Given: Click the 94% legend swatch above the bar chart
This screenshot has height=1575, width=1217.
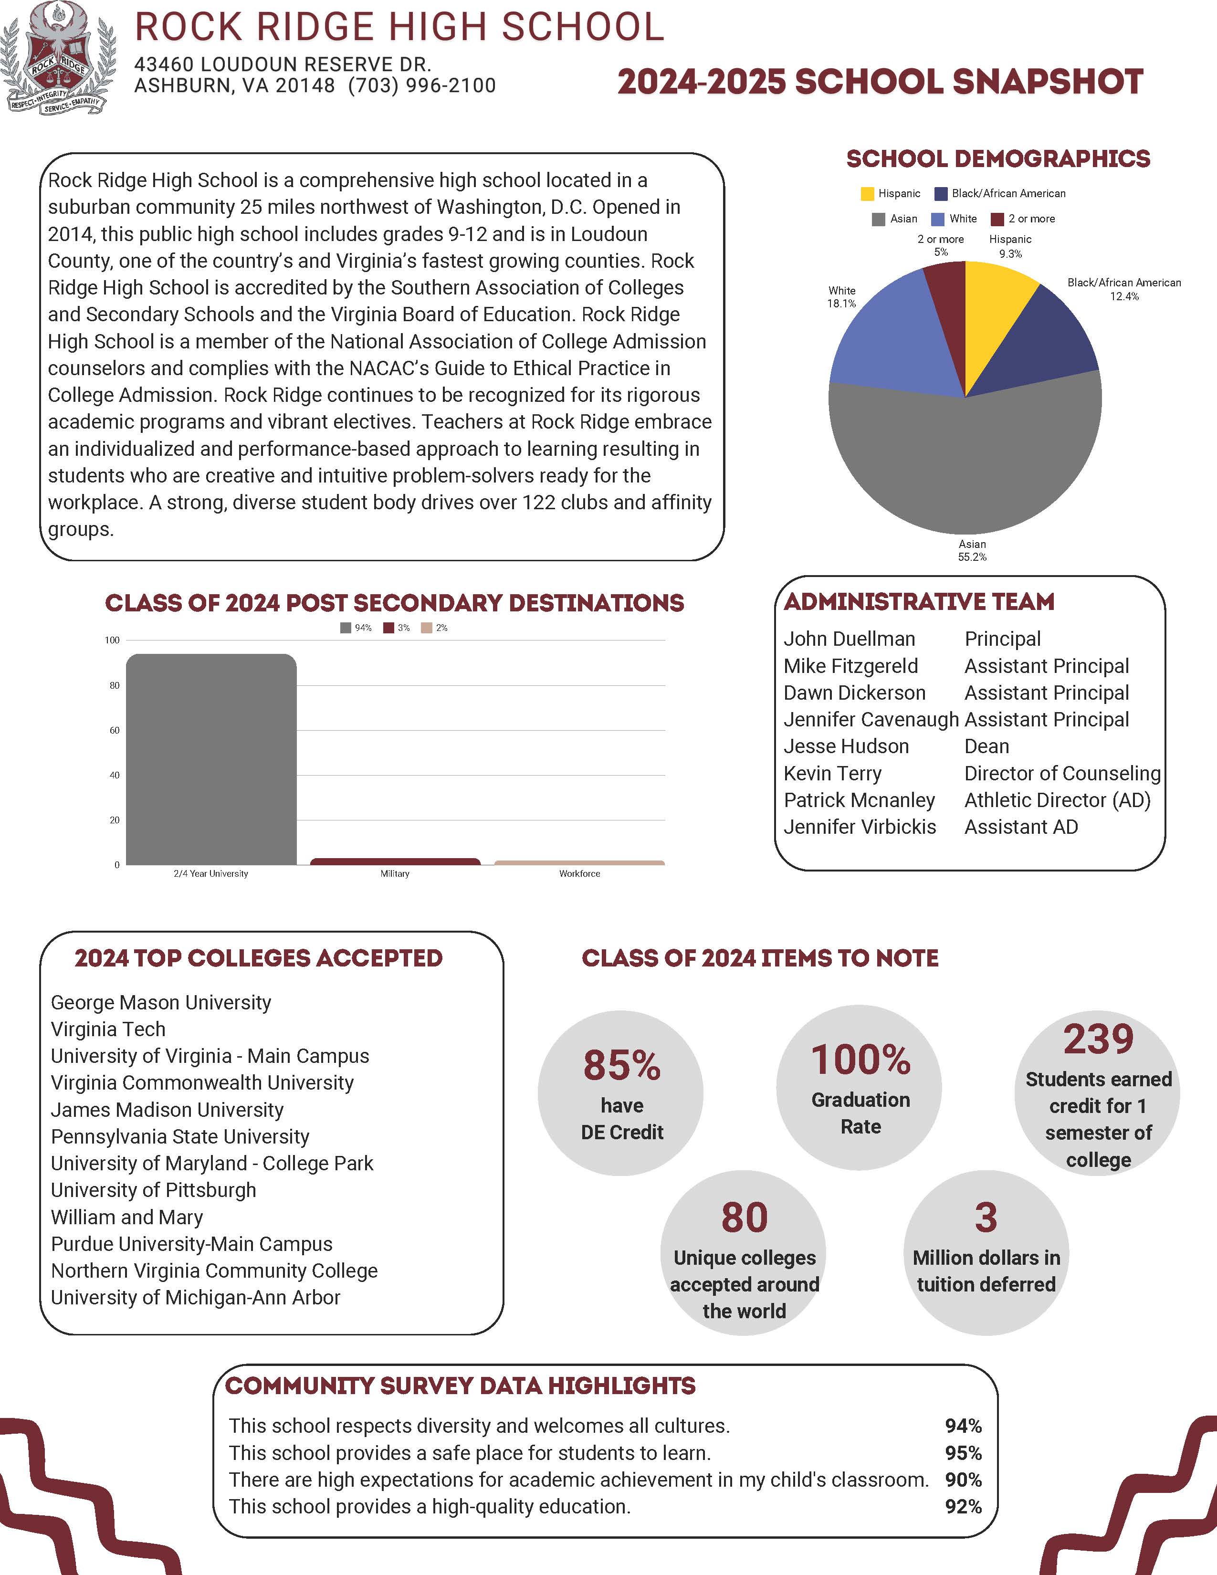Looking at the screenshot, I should (x=346, y=628).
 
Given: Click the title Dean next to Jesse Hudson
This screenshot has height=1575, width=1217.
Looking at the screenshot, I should (x=986, y=746).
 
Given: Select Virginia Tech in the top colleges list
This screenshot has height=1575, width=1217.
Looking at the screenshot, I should (x=108, y=1029).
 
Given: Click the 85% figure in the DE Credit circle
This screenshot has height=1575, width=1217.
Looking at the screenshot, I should (x=621, y=1065).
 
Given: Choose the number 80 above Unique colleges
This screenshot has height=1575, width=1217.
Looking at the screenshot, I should (x=744, y=1218).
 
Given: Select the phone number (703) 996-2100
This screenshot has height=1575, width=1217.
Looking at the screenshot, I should (x=422, y=86).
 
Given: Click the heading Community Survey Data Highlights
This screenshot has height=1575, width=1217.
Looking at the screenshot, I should (x=460, y=1386).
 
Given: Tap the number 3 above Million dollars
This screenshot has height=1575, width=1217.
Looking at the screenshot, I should (x=986, y=1218).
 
